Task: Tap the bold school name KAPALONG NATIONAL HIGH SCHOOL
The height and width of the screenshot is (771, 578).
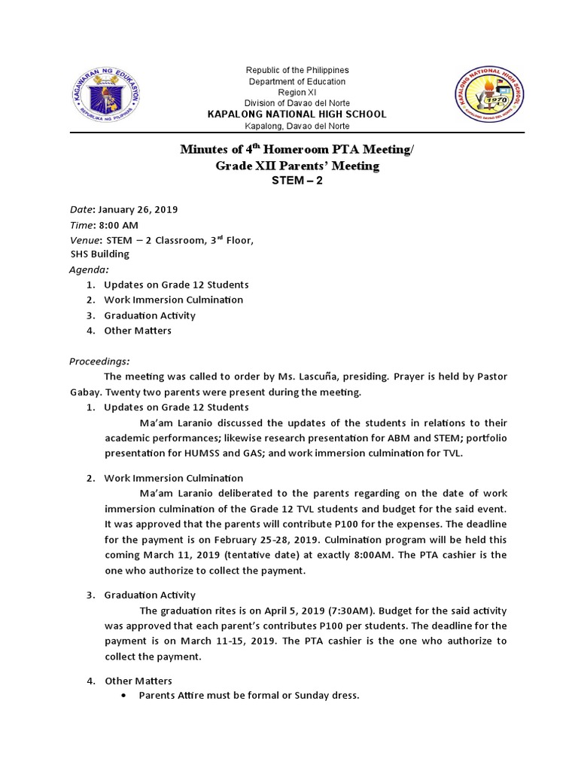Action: [297, 114]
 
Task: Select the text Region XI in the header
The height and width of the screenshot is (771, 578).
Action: [297, 92]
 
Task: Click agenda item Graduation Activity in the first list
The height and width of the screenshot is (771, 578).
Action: [150, 315]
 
